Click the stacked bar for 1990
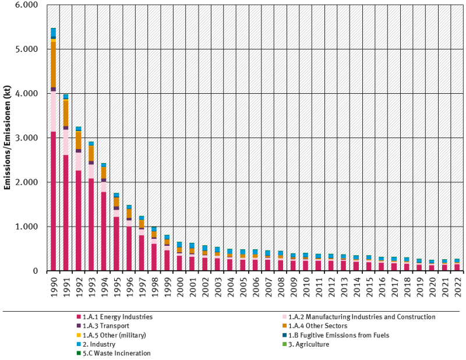(54, 175)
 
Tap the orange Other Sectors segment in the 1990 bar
(54, 64)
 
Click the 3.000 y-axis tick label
(27, 138)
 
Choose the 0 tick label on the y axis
(36, 271)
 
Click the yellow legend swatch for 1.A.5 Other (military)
(79, 335)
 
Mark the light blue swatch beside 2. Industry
(79, 344)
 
